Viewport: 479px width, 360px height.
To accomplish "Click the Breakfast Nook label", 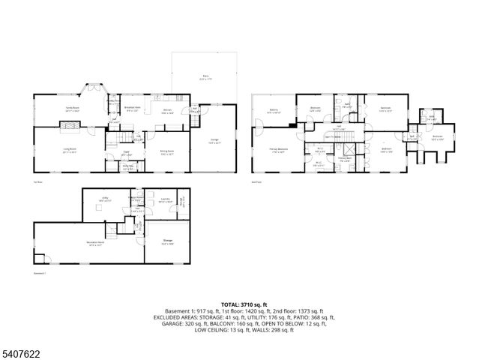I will coord(132,109).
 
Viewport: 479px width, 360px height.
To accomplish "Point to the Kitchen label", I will coord(168,109).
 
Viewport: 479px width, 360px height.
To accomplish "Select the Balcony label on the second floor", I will coord(274,111).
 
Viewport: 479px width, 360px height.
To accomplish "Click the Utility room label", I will coord(105,199).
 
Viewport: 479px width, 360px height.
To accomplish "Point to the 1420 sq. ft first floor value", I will coord(267,310).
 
